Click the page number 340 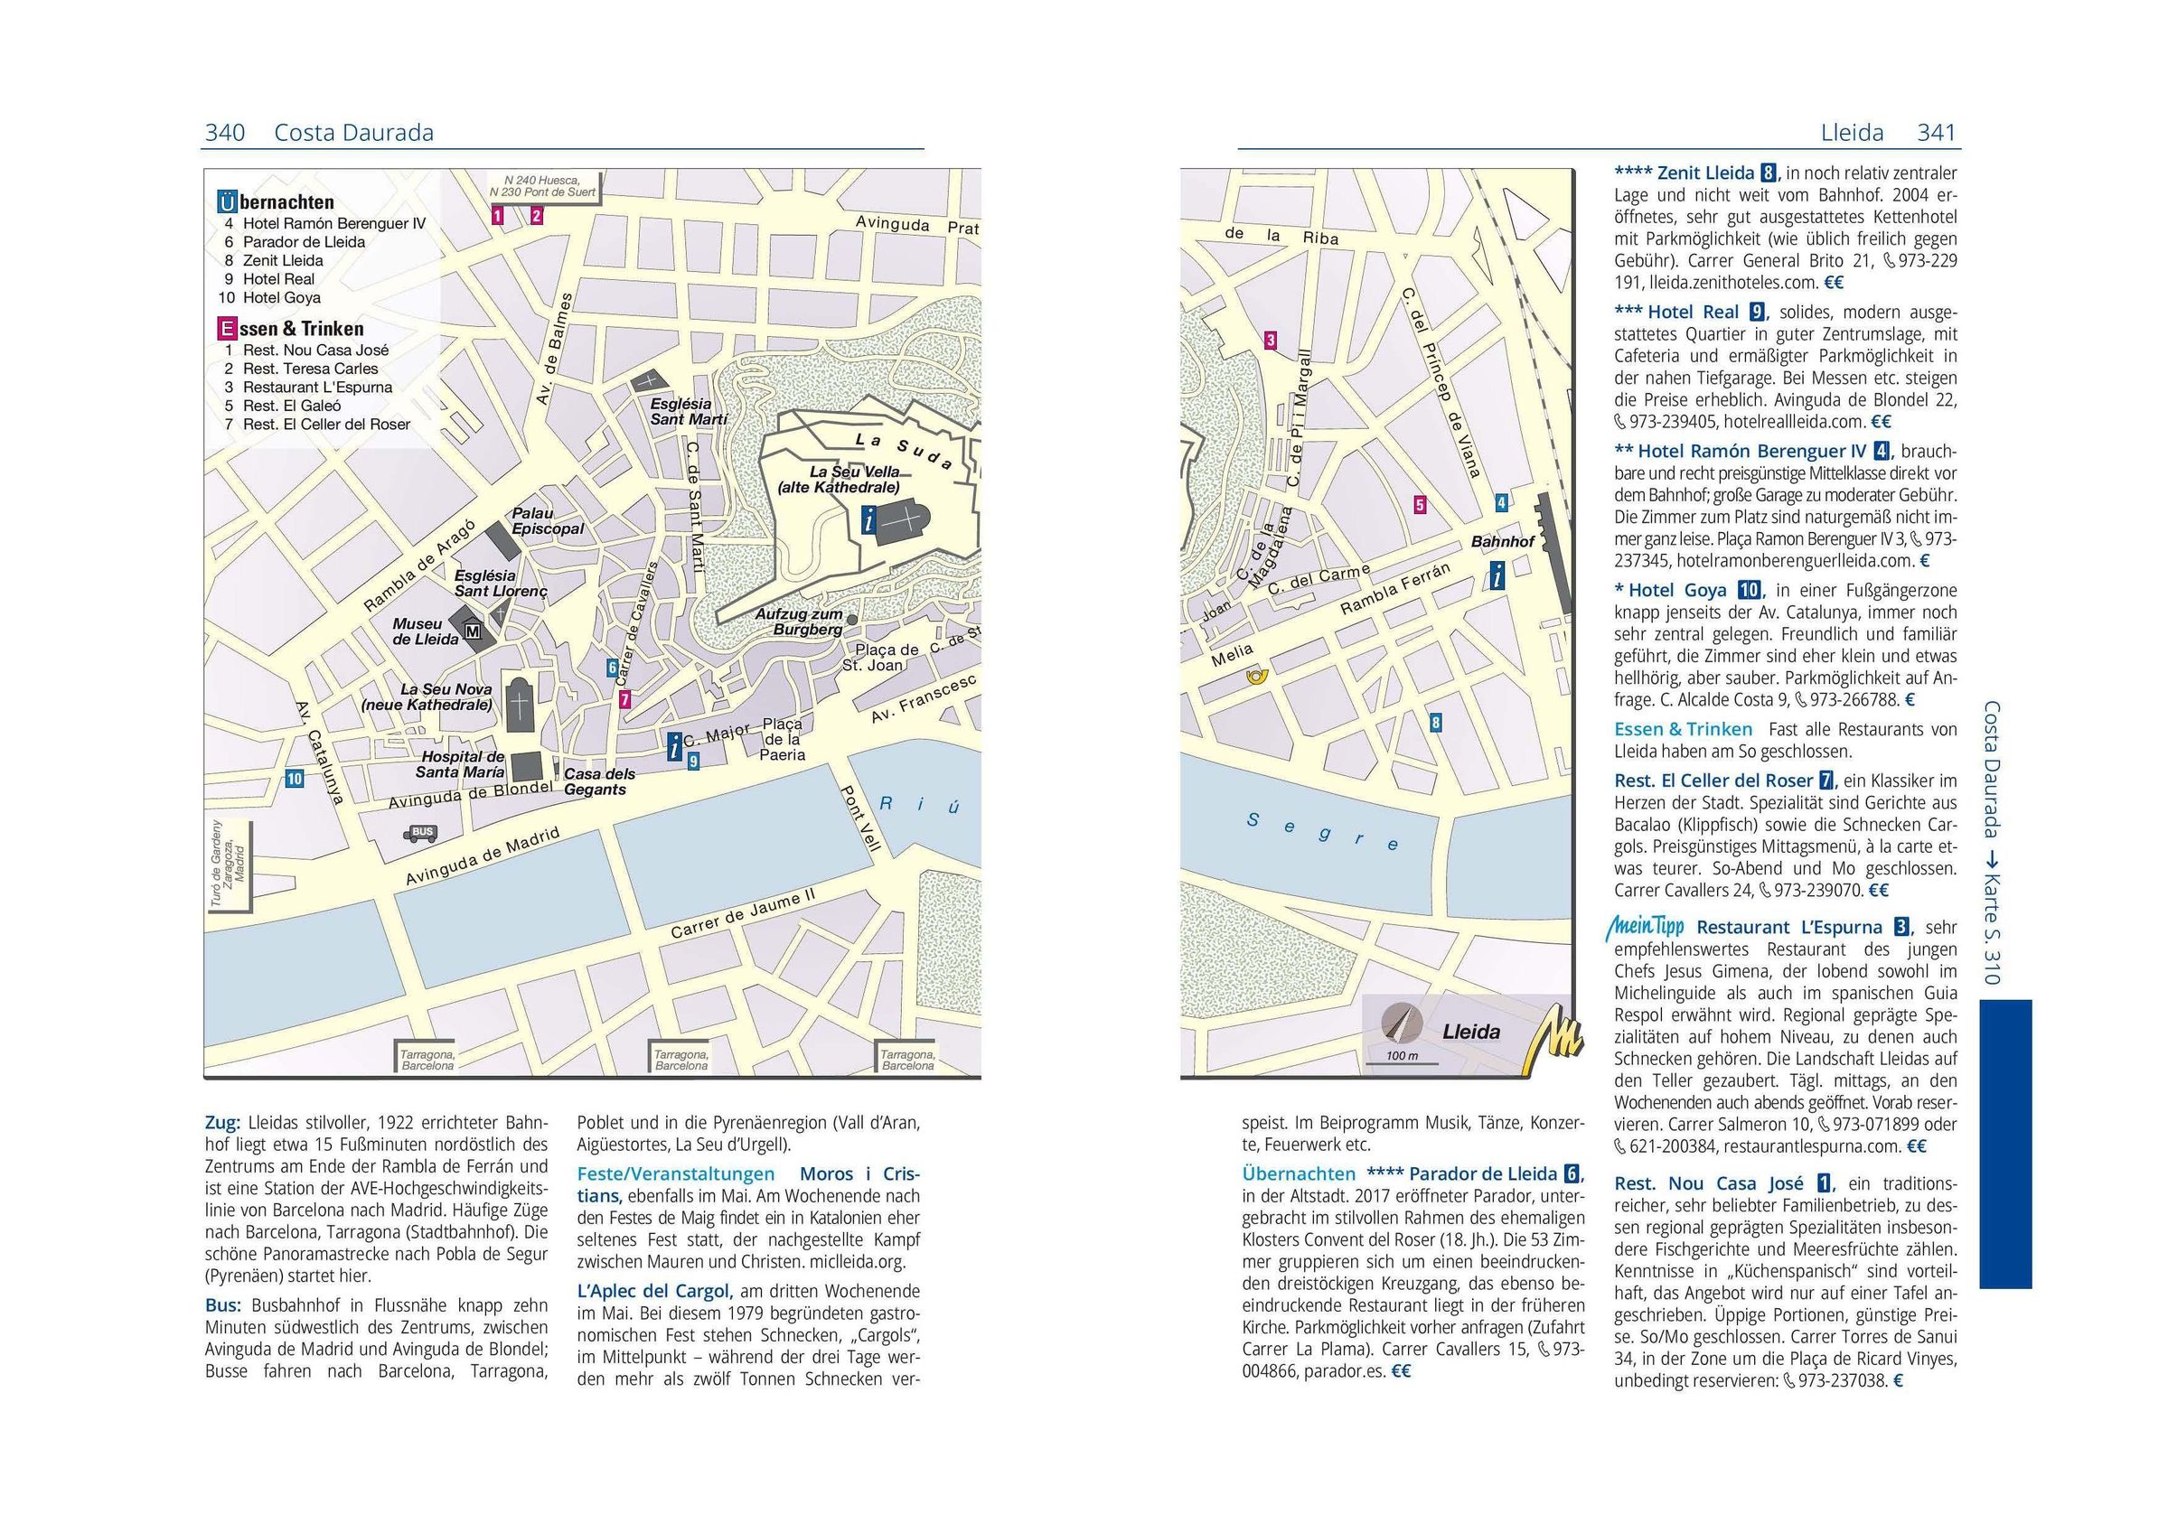(225, 133)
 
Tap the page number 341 (1936, 133)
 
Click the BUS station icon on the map (422, 833)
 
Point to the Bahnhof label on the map (1502, 542)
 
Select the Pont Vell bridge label (861, 818)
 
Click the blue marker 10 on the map (296, 779)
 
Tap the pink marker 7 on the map (624, 699)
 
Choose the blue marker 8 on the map (1436, 723)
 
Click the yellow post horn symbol (1257, 676)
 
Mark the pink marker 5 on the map (1419, 505)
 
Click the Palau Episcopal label (547, 521)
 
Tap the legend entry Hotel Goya (281, 297)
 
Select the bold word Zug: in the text (223, 1123)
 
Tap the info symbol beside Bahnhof (1496, 574)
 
